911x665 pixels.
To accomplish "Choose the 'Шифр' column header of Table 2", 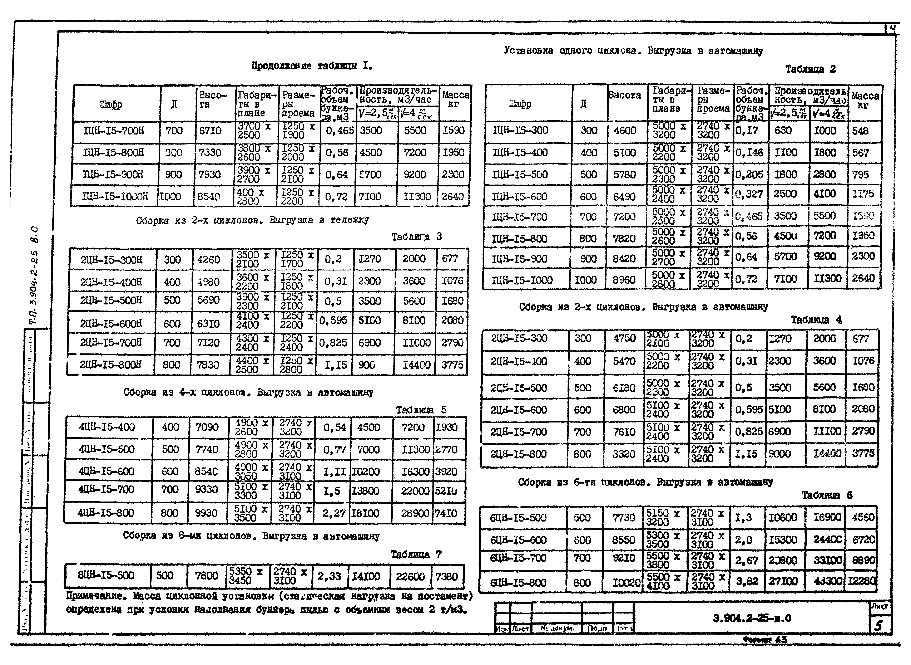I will pos(520,104).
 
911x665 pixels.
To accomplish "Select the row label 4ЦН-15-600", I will pos(107,471).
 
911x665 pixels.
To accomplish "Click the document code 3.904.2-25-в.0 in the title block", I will pos(752,618).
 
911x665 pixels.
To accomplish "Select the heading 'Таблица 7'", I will pos(416,554).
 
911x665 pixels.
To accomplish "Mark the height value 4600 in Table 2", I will pos(624,130).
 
